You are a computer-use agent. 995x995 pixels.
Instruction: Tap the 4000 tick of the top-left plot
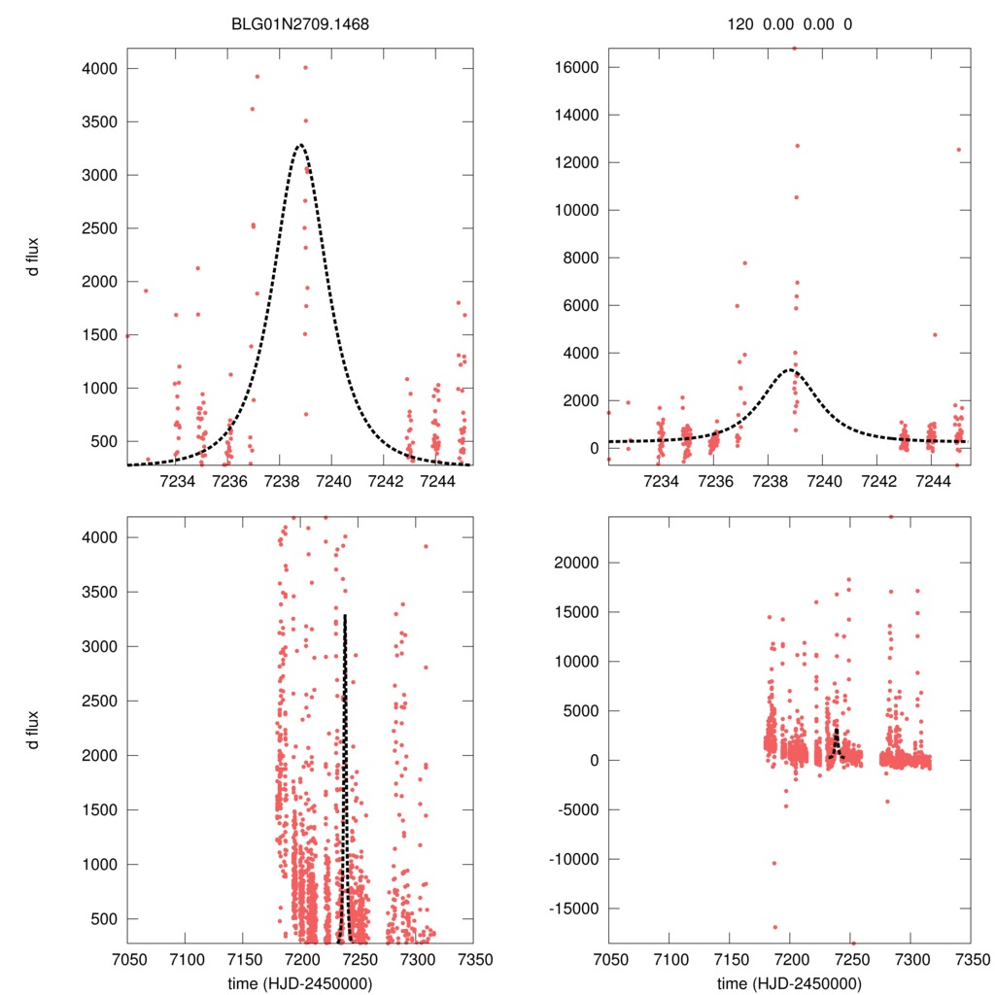coord(102,69)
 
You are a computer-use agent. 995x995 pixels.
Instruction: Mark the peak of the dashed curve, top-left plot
coord(300,145)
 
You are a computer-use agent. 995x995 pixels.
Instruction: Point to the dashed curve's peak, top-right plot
coord(792,370)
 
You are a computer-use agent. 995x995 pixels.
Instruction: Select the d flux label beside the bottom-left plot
coord(34,730)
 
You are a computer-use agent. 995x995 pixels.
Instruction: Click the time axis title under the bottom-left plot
coord(300,982)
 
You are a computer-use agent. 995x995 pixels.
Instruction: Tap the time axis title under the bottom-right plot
coord(790,982)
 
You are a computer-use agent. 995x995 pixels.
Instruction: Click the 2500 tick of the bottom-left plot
coord(102,701)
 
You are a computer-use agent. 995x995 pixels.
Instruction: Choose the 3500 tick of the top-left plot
coord(102,122)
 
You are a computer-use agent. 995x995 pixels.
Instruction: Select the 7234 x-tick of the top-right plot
coord(661,481)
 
